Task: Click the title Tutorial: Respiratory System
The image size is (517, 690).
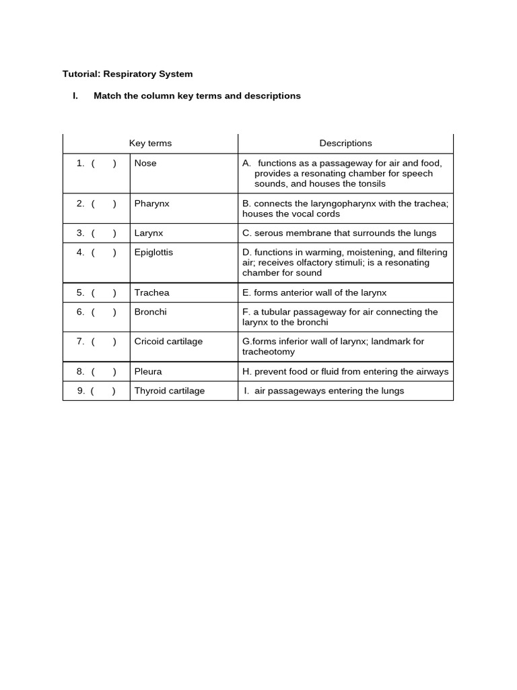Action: [127, 74]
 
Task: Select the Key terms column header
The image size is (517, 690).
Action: [150, 144]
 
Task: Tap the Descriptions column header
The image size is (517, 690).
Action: [345, 144]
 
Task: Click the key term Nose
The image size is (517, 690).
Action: [145, 163]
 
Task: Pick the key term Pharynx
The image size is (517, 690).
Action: [151, 203]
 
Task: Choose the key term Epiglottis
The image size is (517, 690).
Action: [153, 252]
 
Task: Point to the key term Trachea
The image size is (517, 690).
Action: [151, 292]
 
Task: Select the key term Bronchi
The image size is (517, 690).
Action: [150, 311]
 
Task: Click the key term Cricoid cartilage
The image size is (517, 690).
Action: [168, 342]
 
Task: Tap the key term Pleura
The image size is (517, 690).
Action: [148, 371]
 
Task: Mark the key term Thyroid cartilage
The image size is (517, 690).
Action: [170, 391]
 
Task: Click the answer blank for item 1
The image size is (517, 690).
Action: [104, 163]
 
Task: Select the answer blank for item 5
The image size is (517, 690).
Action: [104, 292]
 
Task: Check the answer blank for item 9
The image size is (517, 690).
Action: [104, 391]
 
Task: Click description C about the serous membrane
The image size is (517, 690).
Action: [339, 233]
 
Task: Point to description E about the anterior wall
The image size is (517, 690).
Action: [314, 292]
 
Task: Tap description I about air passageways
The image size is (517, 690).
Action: [324, 391]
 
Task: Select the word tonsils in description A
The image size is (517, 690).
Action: [371, 183]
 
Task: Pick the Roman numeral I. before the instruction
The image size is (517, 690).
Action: [75, 96]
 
